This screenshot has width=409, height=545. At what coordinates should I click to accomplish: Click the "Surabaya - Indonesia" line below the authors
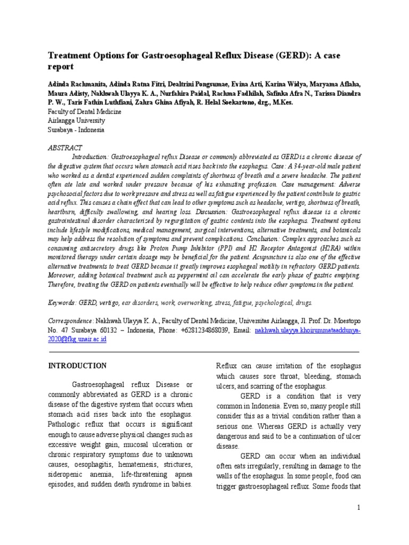point(77,129)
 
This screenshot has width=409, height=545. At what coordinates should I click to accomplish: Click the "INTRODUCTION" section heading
point(77,366)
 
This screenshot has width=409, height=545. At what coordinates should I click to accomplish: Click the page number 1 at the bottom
point(359,508)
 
